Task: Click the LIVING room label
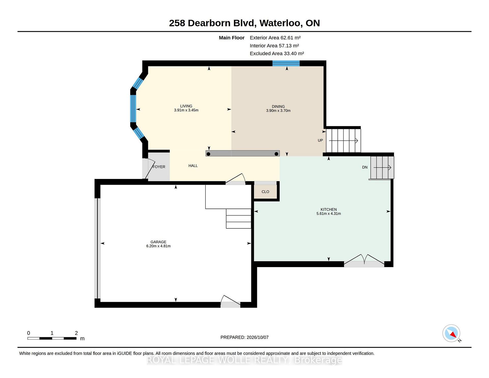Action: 186,106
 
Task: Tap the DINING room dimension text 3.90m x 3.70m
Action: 278,111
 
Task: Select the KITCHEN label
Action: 329,210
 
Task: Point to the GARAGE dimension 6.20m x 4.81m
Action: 158,246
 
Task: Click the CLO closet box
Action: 265,191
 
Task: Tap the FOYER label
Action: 159,167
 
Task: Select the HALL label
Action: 193,166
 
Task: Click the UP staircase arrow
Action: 344,140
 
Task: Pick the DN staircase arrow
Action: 382,167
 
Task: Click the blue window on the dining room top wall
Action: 286,63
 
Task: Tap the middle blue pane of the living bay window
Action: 133,109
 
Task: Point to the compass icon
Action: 452,333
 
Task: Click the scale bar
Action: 52,338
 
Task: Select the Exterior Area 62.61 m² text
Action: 275,38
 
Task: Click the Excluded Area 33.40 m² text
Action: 277,54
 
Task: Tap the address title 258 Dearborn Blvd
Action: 212,23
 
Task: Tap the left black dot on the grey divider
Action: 208,154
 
